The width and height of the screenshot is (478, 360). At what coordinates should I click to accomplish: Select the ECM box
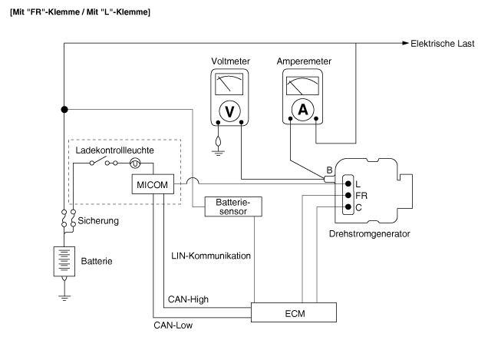[x=295, y=312]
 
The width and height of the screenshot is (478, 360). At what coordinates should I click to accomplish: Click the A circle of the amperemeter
[x=302, y=110]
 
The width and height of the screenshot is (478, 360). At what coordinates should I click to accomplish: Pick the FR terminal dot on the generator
[x=348, y=196]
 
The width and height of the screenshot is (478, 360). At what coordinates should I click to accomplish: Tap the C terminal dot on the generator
[x=348, y=207]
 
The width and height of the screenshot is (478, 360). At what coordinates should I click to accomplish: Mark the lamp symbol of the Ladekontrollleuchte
[x=135, y=163]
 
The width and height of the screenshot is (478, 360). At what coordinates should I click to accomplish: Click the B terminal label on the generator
[x=329, y=170]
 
